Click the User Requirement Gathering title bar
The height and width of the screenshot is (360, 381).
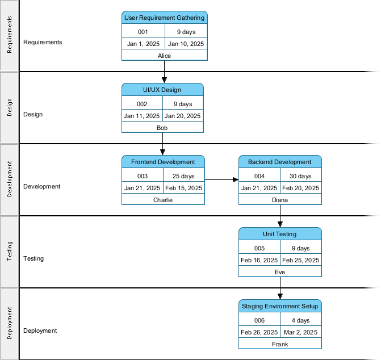pos(164,18)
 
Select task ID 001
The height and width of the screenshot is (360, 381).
pos(143,32)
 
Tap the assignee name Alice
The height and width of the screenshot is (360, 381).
pos(164,56)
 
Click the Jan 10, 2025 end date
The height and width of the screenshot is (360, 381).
pos(186,44)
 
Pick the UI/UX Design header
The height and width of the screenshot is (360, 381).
pos(162,90)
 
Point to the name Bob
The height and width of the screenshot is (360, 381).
pos(162,128)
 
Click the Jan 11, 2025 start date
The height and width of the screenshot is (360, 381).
pos(142,116)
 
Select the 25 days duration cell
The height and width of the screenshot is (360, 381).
pos(183,176)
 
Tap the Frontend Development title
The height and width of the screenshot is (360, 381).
pos(163,162)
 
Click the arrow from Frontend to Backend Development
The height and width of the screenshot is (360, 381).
pos(221,180)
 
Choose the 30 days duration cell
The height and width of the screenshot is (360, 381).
pos(300,176)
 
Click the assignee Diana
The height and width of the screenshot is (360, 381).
pos(280,200)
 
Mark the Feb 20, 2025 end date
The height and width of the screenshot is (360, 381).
pos(301,188)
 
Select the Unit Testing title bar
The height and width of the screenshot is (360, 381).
pos(280,234)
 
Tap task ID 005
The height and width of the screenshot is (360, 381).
pos(259,248)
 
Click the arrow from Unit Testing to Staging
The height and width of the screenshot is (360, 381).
pos(280,288)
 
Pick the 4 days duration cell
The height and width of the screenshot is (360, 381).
pos(300,320)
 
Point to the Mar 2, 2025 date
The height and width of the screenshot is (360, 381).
pos(301,332)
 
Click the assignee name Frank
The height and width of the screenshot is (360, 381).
pos(280,344)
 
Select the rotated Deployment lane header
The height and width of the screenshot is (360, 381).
pos(10,324)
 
